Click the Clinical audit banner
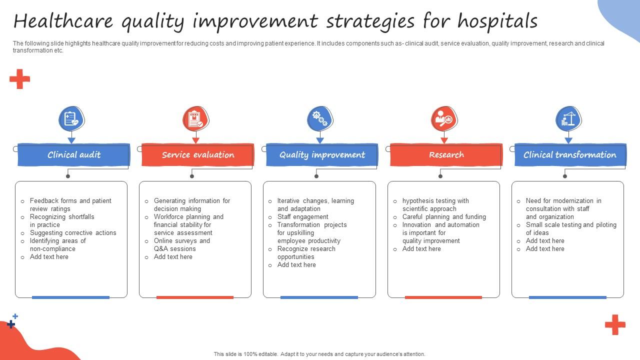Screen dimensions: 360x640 73,155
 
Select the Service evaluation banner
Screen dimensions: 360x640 197,155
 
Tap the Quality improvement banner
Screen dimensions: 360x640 322,155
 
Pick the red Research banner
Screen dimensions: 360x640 446,155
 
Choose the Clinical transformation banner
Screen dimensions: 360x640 569,155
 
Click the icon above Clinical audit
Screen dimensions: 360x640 71,119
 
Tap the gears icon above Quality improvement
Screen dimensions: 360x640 319,119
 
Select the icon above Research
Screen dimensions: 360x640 443,119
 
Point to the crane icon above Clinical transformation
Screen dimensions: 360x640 568,119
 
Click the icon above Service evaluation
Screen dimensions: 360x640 195,119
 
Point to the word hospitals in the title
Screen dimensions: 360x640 497,21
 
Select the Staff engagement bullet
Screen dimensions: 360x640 302,217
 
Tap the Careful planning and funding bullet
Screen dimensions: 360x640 443,217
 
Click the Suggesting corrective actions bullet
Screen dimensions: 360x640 72,233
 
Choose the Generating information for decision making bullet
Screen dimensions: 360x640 191,204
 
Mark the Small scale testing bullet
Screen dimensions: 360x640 570,228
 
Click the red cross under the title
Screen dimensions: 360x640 19,79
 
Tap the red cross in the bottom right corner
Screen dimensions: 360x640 615,324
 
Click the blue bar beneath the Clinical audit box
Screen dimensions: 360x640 70,297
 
